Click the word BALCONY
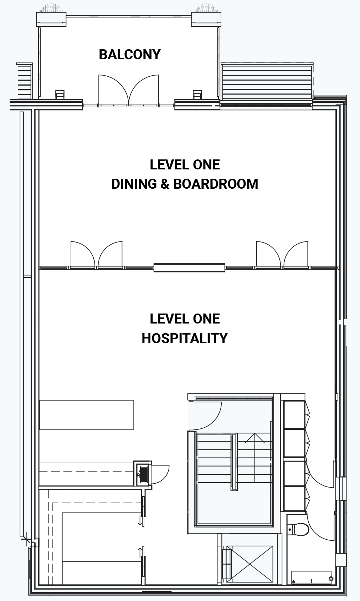130,55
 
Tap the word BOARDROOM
216,184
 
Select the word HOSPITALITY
184,338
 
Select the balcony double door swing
129,90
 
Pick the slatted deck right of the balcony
267,82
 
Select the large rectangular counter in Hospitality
86,415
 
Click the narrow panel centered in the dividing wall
189,268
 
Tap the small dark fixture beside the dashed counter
143,474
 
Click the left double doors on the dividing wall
97,255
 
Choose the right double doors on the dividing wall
282,255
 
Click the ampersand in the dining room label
165,184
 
